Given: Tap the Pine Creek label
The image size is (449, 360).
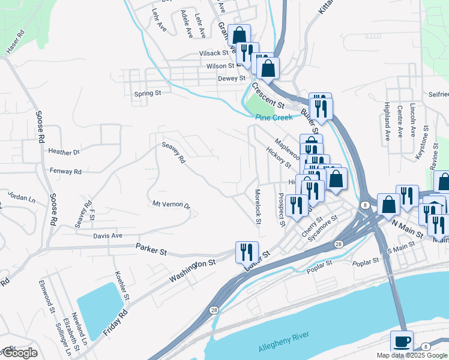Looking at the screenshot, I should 273,118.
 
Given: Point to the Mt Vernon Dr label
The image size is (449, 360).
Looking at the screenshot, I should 171,205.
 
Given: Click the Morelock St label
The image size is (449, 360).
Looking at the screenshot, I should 258,208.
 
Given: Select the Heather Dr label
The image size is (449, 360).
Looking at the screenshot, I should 64,152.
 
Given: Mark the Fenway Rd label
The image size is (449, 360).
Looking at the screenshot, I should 65,172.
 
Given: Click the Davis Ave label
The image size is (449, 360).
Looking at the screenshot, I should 107,236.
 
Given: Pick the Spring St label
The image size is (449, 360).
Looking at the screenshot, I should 148,94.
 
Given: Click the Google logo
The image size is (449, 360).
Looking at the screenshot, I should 19,353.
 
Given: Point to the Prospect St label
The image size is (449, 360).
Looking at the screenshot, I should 280,209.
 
